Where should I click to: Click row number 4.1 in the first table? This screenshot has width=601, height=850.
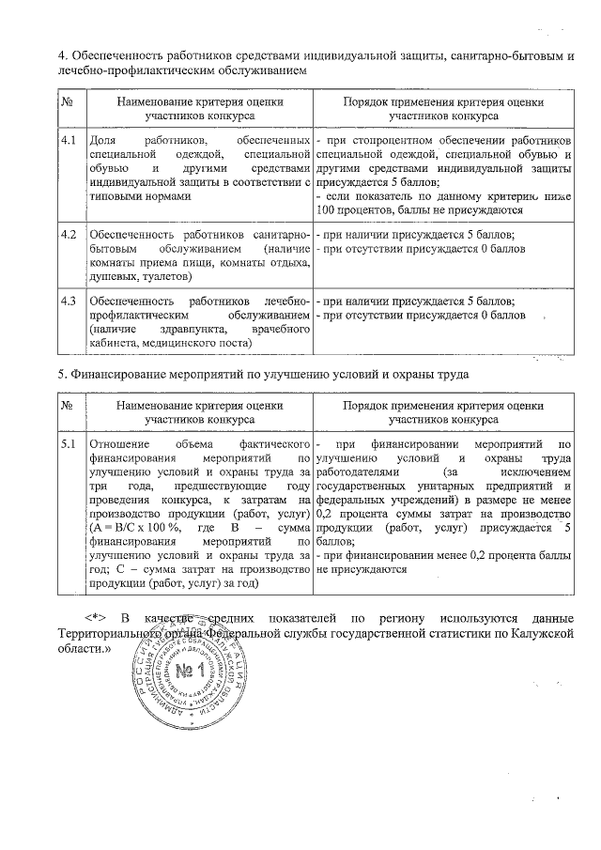[x=67, y=139]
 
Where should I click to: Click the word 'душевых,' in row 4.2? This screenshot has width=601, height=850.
[x=111, y=277]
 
